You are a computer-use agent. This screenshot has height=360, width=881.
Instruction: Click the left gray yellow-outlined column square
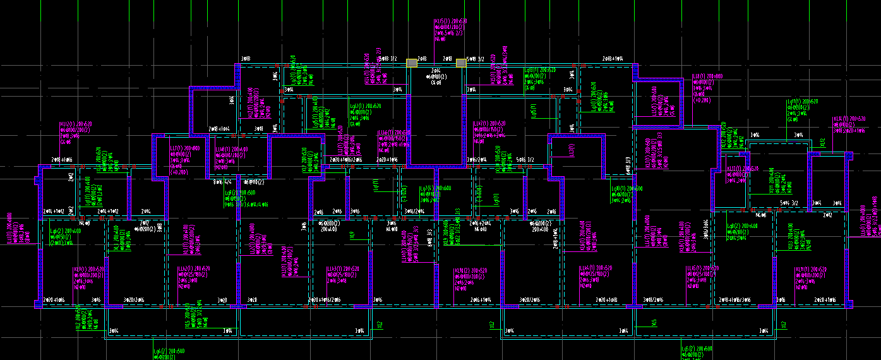(412, 63)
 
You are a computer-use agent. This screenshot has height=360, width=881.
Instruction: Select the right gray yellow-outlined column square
(462, 63)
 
